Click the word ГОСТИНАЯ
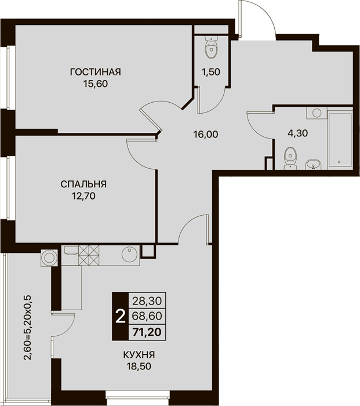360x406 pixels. point(95,72)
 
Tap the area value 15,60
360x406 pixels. point(95,84)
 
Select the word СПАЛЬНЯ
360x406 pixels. point(83,184)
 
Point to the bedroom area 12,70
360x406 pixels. point(83,196)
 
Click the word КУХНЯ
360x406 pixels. point(139,354)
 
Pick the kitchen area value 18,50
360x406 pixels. point(139,367)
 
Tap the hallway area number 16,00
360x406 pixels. point(206,134)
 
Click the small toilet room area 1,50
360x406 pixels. point(211,72)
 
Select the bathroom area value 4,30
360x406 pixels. point(298,133)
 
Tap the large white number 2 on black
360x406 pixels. point(120,317)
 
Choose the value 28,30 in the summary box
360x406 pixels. point(147,301)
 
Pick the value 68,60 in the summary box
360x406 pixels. point(147,316)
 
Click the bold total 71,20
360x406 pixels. point(147,332)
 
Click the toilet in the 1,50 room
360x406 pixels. point(212,47)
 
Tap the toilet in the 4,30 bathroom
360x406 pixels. point(290,158)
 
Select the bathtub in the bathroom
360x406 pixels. point(340,140)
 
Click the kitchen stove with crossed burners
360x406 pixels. point(89,255)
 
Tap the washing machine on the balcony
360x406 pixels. point(49,258)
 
